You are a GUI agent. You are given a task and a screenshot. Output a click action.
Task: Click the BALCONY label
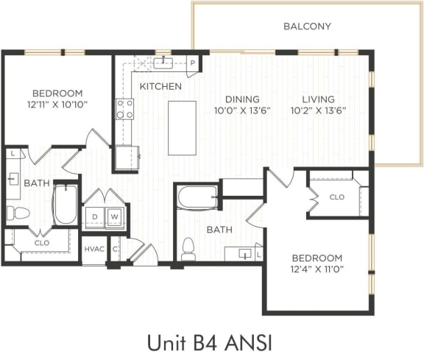[307, 27]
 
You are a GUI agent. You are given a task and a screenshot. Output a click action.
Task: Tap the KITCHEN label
[160, 86]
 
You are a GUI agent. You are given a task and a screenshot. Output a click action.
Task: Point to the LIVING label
[317, 99]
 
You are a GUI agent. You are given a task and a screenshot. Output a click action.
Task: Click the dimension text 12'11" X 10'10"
[57, 105]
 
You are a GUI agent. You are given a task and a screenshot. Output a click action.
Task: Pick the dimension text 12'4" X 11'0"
[317, 269]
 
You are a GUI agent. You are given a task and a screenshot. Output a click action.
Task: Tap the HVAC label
[93, 250]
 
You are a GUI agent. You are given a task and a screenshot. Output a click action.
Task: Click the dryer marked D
[94, 216]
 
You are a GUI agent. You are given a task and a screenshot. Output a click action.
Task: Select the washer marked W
[114, 216]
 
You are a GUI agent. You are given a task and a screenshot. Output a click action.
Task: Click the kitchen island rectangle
[182, 125]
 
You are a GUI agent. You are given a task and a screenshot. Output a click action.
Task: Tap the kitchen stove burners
[125, 109]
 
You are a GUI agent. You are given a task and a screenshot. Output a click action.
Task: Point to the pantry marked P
[192, 64]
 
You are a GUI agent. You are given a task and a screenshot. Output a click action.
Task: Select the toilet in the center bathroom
[188, 247]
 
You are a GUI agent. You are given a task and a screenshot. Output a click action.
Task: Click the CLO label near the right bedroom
[336, 197]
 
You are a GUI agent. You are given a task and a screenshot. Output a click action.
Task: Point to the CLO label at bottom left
[41, 241]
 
